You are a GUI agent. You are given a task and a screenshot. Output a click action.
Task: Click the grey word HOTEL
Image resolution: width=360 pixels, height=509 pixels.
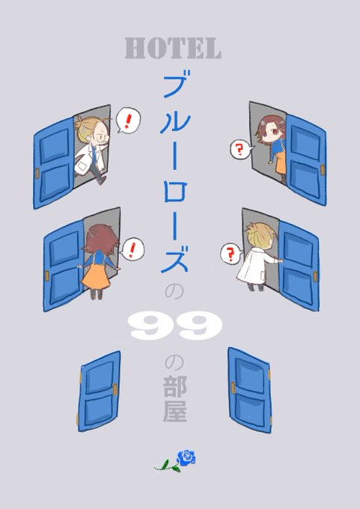(173, 49)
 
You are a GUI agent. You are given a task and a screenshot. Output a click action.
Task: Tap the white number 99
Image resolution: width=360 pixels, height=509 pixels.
(175, 326)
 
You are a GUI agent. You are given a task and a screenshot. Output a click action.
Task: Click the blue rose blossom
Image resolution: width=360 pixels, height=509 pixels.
(186, 457)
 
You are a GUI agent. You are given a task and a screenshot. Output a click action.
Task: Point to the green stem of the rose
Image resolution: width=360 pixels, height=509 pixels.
(168, 467)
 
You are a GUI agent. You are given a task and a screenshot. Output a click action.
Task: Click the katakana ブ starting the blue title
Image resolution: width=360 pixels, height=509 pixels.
(175, 83)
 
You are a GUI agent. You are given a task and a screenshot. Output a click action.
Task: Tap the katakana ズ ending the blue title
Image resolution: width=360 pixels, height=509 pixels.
(175, 259)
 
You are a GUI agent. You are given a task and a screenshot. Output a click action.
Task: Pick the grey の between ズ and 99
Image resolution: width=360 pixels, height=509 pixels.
(174, 292)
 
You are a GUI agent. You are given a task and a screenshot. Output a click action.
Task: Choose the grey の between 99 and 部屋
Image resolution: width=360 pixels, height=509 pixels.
(174, 362)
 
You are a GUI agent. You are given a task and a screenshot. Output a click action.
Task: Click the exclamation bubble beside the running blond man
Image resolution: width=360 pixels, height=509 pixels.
(128, 121)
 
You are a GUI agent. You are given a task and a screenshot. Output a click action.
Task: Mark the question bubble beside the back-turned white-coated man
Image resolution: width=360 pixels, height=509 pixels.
(232, 254)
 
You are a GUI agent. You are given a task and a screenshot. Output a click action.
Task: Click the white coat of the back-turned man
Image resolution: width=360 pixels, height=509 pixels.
(255, 269)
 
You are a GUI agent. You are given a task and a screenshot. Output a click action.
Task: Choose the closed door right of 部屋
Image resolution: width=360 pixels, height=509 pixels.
(250, 390)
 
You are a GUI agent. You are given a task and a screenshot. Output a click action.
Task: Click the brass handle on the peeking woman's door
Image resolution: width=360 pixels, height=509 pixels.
(323, 170)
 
